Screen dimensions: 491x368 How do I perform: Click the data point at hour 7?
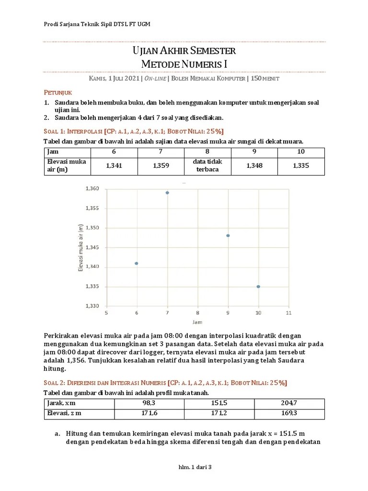click(x=167, y=193)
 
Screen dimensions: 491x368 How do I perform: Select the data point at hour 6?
click(x=137, y=263)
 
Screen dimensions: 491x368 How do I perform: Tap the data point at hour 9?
click(x=228, y=235)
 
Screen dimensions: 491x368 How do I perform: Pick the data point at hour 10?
click(x=258, y=287)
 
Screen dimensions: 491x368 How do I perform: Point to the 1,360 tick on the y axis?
click(x=92, y=189)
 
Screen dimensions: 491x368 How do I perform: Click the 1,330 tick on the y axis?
click(x=92, y=306)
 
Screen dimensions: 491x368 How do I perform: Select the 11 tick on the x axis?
click(x=288, y=313)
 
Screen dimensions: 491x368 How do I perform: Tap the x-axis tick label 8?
click(x=197, y=313)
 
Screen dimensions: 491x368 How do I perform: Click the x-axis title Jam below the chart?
click(x=197, y=322)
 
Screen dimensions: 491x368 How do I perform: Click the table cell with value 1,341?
click(x=113, y=165)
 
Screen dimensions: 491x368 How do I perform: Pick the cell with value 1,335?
click(x=301, y=165)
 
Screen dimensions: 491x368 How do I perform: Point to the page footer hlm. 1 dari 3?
click(x=184, y=467)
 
